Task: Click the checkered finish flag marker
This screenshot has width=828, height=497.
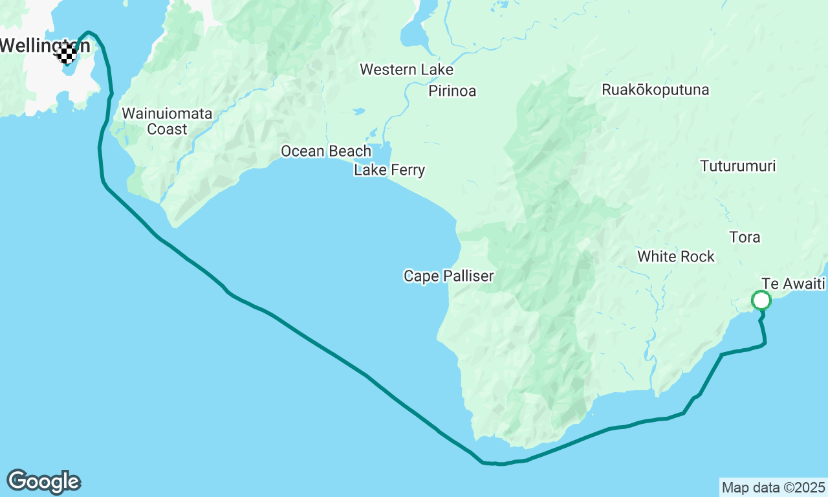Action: point(67,54)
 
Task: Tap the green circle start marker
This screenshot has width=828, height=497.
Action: point(761,300)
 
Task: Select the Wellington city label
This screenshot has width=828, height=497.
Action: point(44,45)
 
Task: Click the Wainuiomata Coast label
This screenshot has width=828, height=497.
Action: point(167,121)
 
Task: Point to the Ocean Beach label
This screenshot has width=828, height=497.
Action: point(326,151)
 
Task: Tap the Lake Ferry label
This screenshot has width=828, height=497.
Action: point(389,170)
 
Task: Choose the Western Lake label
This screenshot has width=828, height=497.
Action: point(406,69)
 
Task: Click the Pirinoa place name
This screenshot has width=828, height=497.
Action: point(452,91)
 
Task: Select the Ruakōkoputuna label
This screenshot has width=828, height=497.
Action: point(655,90)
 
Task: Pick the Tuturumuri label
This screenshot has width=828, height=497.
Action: point(738,166)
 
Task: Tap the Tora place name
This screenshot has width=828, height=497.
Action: point(745,237)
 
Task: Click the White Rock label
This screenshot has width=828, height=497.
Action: point(676,257)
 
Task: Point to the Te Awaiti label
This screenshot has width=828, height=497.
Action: point(794,284)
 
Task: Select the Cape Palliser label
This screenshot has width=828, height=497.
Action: point(448,276)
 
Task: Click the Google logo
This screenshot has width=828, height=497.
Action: point(43,482)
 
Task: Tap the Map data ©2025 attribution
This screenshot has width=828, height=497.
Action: point(773,487)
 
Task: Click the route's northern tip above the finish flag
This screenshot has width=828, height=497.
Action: point(88,31)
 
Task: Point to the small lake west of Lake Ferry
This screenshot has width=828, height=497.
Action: point(358,112)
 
